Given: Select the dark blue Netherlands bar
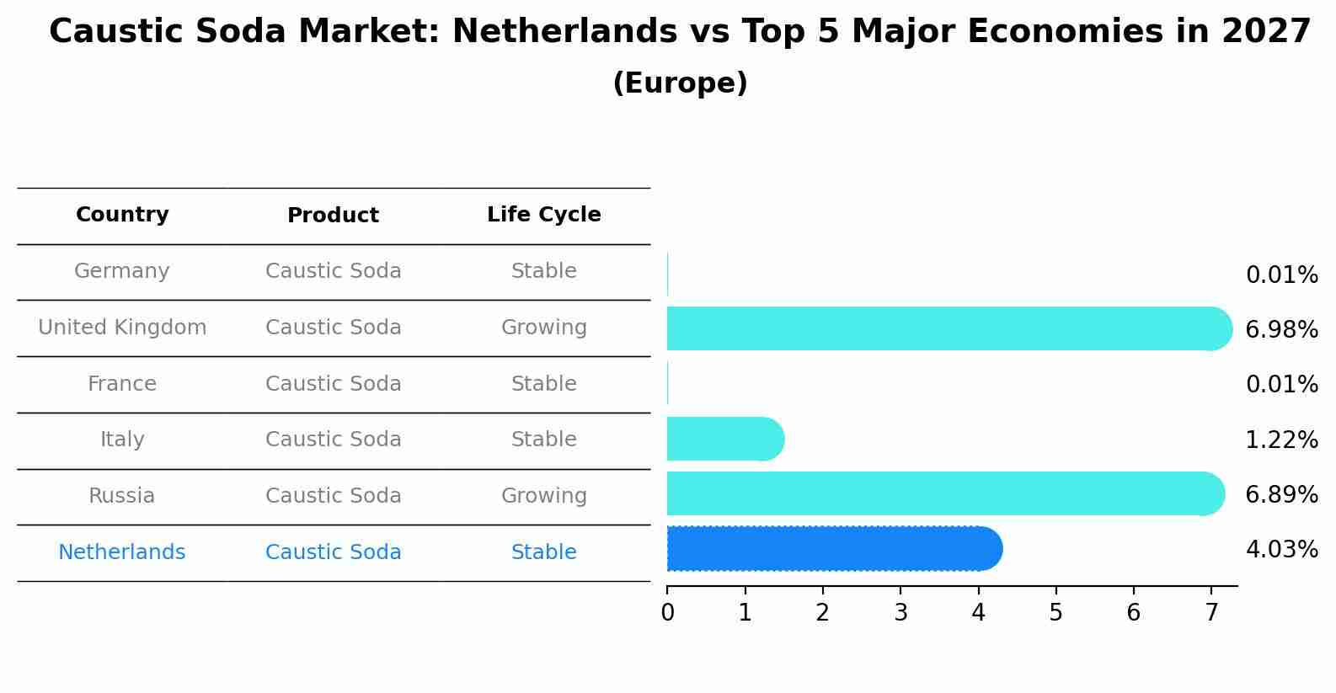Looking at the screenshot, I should (x=834, y=549).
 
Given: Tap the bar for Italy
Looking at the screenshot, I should (x=724, y=439).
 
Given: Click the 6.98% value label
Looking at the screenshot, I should (x=1281, y=330).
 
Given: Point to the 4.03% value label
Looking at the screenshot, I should (x=1281, y=550).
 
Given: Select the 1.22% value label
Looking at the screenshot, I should (x=1281, y=440).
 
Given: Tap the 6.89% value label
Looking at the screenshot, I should (x=1281, y=495).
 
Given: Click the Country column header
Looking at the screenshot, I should (x=122, y=215).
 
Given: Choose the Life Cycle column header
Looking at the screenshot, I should (x=544, y=215).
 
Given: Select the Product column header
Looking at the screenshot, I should (x=333, y=216).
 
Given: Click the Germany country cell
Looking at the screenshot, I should (x=122, y=271).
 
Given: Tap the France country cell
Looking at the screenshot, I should (x=122, y=384).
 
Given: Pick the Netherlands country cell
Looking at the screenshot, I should (x=122, y=552).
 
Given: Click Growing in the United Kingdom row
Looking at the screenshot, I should (x=544, y=328).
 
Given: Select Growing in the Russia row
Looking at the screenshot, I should (x=544, y=496).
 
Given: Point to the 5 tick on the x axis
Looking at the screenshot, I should (x=1055, y=613).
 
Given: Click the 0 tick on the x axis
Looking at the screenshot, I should (x=667, y=613).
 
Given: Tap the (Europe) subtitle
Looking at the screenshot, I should (x=680, y=83).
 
